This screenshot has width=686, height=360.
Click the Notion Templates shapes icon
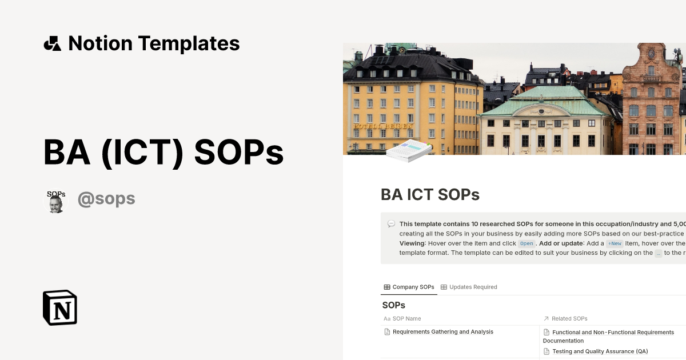52,43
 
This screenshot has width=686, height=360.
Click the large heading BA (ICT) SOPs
163,153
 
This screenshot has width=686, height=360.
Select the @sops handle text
106,199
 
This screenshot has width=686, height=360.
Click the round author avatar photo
56,202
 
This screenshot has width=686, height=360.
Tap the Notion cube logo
60,307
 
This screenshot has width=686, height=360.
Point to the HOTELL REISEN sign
383,126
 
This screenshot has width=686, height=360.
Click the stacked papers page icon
408,150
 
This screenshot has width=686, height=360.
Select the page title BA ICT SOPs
430,195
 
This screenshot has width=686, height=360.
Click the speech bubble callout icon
391,224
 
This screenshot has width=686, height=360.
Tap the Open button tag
527,243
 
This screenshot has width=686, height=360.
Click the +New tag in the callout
615,243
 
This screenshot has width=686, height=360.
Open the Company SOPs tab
409,287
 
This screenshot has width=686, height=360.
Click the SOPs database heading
394,305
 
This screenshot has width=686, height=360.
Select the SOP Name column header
406,318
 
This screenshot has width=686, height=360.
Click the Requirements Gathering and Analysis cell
442,331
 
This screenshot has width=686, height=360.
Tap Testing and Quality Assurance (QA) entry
600,351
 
